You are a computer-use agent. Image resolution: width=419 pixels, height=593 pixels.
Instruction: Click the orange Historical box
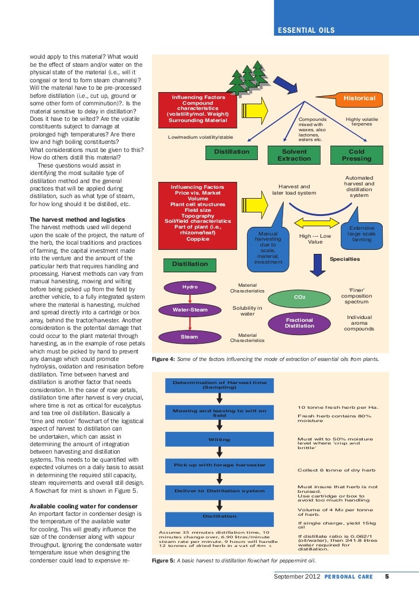359,98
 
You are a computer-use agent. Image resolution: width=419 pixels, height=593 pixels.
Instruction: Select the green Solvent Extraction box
294,155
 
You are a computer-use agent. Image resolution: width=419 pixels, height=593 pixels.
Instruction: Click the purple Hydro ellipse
190,287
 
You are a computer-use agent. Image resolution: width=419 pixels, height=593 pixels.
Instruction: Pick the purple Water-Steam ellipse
190,310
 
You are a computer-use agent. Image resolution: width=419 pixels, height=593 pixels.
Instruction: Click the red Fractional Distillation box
299,323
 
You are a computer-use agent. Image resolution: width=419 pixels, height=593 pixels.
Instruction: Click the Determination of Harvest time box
219,385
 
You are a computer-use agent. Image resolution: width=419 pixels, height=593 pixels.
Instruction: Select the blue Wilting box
219,439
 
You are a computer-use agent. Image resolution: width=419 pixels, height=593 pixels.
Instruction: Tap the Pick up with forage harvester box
219,465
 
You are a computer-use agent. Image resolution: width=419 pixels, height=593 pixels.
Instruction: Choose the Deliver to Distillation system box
219,491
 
